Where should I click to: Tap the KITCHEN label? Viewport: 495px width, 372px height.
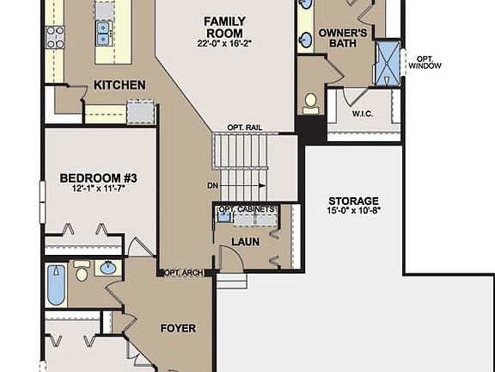point(119,84)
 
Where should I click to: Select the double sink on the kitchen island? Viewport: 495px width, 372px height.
point(105,33)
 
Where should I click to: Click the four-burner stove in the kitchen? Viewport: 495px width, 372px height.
point(55,36)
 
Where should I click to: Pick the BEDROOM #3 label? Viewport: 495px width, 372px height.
point(98,177)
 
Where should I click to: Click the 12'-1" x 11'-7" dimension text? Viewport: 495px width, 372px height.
point(98,190)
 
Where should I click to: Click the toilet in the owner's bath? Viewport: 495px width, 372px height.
point(311,102)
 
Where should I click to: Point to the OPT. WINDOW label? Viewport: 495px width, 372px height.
point(425,63)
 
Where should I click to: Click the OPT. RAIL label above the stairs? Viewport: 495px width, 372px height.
point(245,127)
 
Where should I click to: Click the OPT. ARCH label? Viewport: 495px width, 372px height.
point(183,273)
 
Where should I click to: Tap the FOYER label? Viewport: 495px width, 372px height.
point(178,328)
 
